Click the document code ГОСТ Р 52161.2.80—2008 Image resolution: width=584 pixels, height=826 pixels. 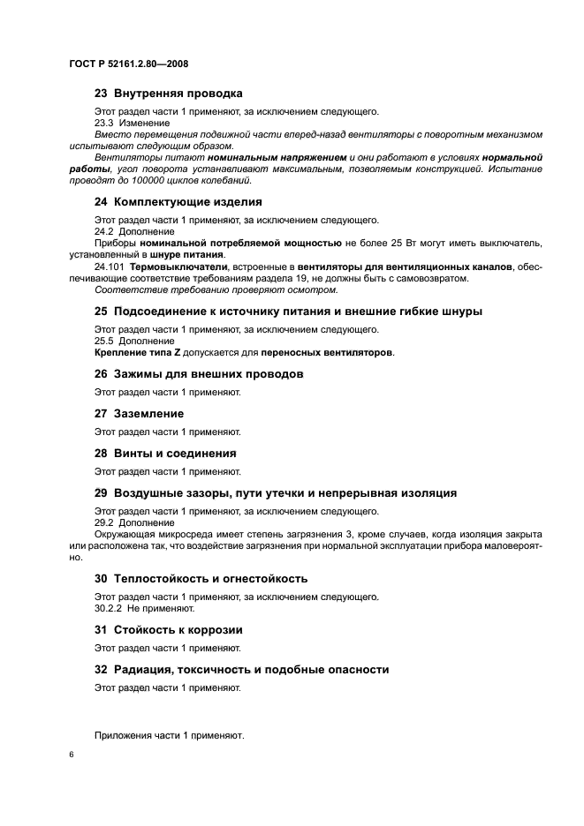(x=127, y=64)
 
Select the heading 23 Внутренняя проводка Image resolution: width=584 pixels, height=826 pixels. (x=168, y=94)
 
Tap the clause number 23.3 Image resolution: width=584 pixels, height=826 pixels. (x=104, y=123)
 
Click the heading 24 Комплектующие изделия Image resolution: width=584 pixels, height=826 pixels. (x=166, y=201)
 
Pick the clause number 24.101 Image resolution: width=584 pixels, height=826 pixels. (x=110, y=266)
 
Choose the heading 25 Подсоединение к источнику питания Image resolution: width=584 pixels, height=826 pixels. (x=288, y=312)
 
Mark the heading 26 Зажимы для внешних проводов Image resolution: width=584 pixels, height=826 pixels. (x=199, y=374)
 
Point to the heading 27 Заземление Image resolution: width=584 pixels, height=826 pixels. (x=139, y=413)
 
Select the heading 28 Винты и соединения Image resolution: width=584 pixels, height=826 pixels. (x=165, y=453)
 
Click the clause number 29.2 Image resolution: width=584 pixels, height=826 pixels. (x=104, y=522)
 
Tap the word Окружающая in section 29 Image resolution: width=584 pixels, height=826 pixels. (x=123, y=535)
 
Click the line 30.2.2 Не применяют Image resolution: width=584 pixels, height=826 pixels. (x=144, y=609)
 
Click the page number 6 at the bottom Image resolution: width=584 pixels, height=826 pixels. (x=72, y=756)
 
